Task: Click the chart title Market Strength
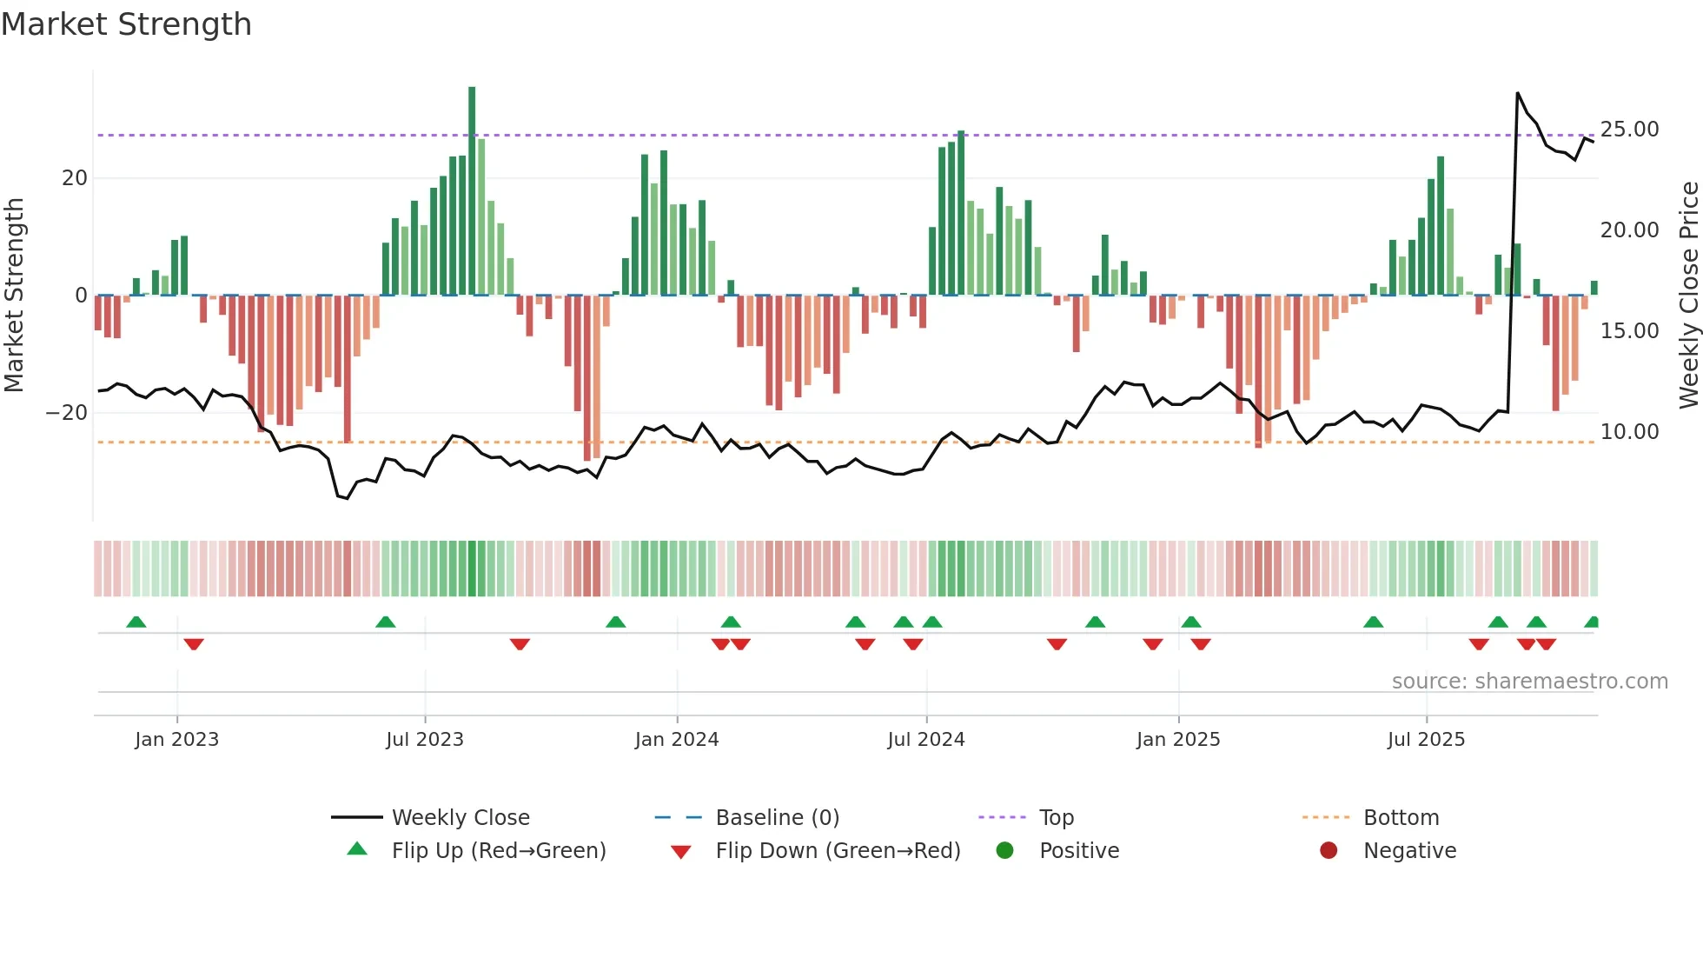(126, 24)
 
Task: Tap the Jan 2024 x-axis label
(677, 740)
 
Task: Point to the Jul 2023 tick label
(425, 740)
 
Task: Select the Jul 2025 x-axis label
(1426, 740)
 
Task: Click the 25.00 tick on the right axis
(1629, 130)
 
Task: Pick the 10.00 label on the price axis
(1629, 432)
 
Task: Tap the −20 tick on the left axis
(67, 413)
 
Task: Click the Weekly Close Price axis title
(1688, 296)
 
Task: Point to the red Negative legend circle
(1329, 851)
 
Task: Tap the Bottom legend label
(1401, 818)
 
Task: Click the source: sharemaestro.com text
(1529, 682)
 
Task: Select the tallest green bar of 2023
(472, 191)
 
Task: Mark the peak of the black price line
(1518, 93)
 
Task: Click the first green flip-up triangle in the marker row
(136, 622)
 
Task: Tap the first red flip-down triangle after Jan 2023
(194, 644)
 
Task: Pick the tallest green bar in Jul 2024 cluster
(961, 213)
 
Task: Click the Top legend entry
(1056, 818)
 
